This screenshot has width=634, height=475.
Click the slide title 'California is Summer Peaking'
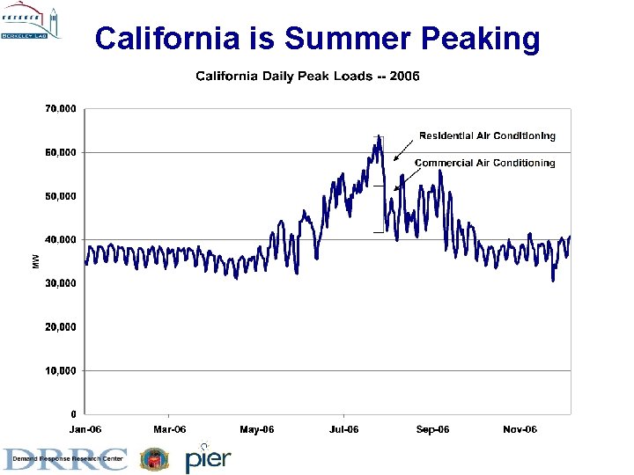click(317, 38)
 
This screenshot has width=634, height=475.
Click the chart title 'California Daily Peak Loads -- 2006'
click(307, 76)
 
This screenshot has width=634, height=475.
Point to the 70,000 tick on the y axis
click(60, 109)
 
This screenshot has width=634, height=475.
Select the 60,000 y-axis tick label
click(60, 152)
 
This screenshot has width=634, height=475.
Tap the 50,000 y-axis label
click(60, 196)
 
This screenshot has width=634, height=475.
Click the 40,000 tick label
click(60, 239)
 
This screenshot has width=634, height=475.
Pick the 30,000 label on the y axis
click(60, 283)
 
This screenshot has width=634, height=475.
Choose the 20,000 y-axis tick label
click(60, 326)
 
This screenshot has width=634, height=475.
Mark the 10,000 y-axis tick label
click(60, 370)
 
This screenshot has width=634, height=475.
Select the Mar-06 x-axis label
click(170, 429)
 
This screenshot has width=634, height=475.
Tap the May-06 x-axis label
click(257, 429)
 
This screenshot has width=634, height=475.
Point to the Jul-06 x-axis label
click(343, 429)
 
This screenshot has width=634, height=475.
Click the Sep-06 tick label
click(432, 429)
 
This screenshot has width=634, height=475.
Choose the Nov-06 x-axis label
click(520, 429)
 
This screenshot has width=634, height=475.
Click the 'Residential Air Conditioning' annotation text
click(487, 135)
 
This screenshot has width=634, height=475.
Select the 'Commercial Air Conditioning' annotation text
click(484, 163)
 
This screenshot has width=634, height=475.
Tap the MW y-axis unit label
click(36, 261)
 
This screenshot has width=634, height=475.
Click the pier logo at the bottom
click(208, 458)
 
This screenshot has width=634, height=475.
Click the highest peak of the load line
click(379, 136)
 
